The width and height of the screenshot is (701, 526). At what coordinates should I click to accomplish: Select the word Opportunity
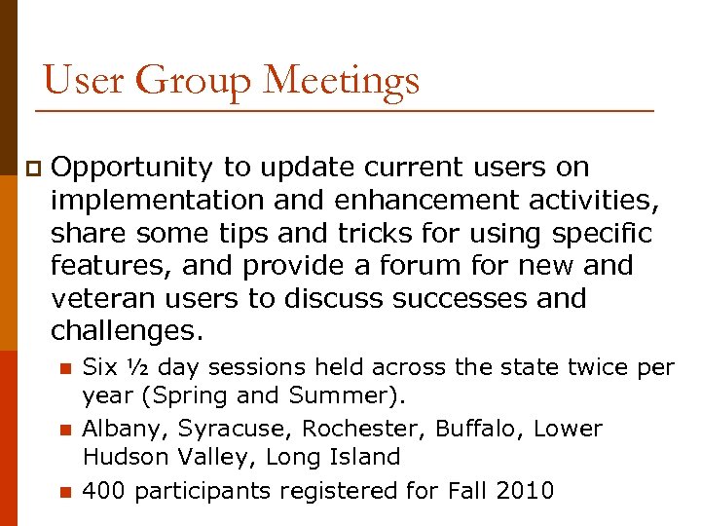(x=131, y=168)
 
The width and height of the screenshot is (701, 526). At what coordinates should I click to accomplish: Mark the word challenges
(x=128, y=330)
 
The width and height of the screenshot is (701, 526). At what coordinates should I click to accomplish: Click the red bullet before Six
(x=65, y=368)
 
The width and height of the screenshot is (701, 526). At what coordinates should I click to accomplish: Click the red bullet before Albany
(x=65, y=430)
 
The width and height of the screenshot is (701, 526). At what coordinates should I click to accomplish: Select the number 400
(x=104, y=491)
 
